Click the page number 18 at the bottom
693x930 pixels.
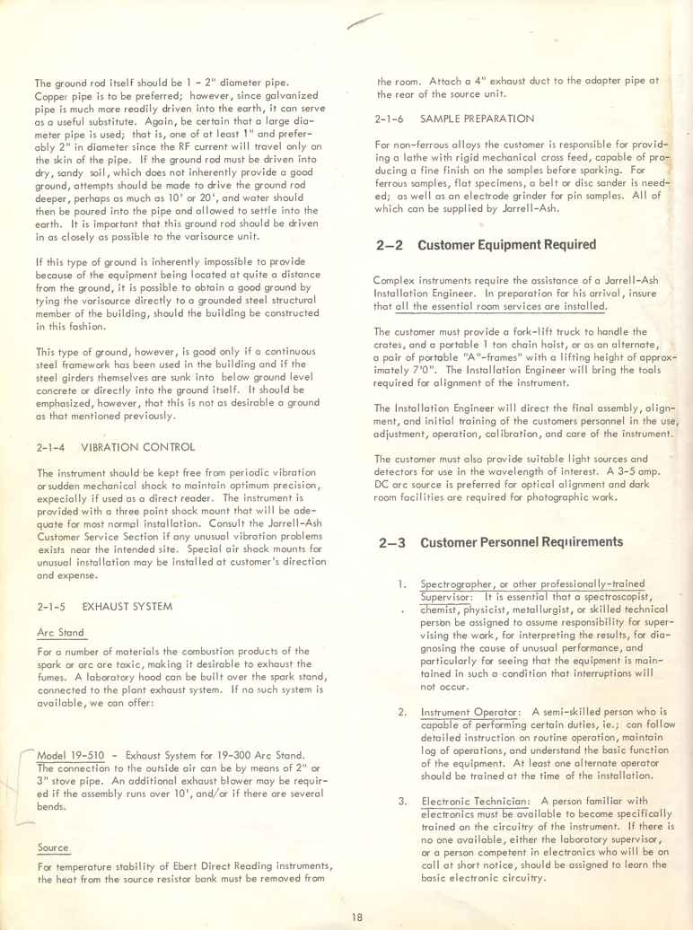pyautogui.click(x=358, y=916)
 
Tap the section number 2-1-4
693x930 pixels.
pyautogui.click(x=51, y=446)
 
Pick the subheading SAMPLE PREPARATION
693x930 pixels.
pyautogui.click(x=477, y=118)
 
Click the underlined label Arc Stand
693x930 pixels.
pyautogui.click(x=57, y=632)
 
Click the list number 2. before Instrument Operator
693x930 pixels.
pyautogui.click(x=402, y=689)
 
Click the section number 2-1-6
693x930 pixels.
pyautogui.click(x=392, y=118)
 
